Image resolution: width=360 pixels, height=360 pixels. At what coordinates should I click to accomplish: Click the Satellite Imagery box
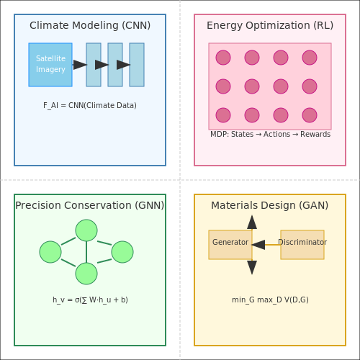[x=50, y=65]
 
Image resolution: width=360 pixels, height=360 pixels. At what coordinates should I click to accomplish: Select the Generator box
[x=230, y=245]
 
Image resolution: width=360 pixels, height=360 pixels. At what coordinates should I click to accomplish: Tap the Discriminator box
[x=302, y=245]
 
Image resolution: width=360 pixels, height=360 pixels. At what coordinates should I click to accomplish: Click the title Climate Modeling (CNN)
[x=90, y=25]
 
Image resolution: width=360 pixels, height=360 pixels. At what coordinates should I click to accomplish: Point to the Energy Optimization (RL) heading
[x=270, y=25]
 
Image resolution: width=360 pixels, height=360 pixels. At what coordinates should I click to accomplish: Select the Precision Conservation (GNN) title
[x=90, y=205]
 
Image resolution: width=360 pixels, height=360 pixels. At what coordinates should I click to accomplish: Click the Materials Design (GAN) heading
[x=270, y=205]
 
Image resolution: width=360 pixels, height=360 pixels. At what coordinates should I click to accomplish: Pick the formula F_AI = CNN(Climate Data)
[x=90, y=105]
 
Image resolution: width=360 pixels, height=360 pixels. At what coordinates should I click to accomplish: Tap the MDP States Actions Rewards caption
[x=270, y=134]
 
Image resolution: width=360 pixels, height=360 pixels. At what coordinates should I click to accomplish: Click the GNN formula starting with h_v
[x=90, y=300]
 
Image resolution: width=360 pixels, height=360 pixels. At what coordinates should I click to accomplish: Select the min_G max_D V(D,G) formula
[x=270, y=300]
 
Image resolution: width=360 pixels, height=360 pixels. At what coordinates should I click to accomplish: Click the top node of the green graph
[x=86, y=230]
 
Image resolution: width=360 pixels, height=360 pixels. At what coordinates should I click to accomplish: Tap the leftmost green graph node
[x=50, y=252]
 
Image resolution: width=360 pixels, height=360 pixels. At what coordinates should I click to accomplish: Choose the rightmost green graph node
[x=122, y=252]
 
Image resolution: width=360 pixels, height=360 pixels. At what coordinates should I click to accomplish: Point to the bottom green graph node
[x=86, y=274]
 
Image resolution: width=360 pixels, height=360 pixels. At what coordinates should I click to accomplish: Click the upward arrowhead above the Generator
[x=252, y=222]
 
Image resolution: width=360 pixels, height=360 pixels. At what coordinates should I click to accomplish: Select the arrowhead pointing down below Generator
[x=252, y=267]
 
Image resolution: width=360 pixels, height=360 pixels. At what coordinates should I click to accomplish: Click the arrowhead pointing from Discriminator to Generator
[x=258, y=245]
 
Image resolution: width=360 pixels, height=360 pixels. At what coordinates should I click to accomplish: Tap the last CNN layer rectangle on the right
[x=137, y=65]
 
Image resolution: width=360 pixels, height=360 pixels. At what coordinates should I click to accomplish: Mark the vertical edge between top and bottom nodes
[x=86, y=252]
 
